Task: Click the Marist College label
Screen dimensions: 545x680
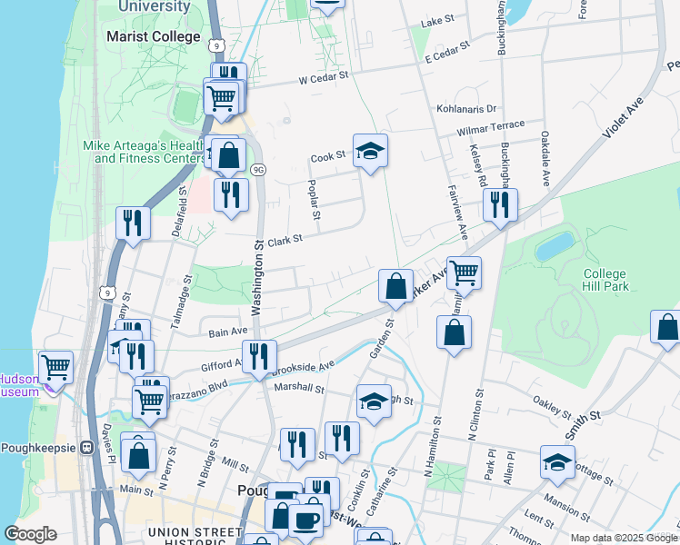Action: click(153, 36)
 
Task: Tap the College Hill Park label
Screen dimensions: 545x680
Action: click(605, 280)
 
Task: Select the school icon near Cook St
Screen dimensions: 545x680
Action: click(370, 152)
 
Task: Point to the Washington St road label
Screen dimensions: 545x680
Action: click(258, 278)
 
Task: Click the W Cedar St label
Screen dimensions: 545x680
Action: click(325, 79)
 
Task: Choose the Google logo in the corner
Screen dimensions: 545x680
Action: click(30, 534)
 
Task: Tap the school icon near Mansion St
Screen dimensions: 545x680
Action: click(557, 462)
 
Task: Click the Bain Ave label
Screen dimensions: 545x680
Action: click(228, 332)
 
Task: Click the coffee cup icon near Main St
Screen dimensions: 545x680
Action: click(305, 520)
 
